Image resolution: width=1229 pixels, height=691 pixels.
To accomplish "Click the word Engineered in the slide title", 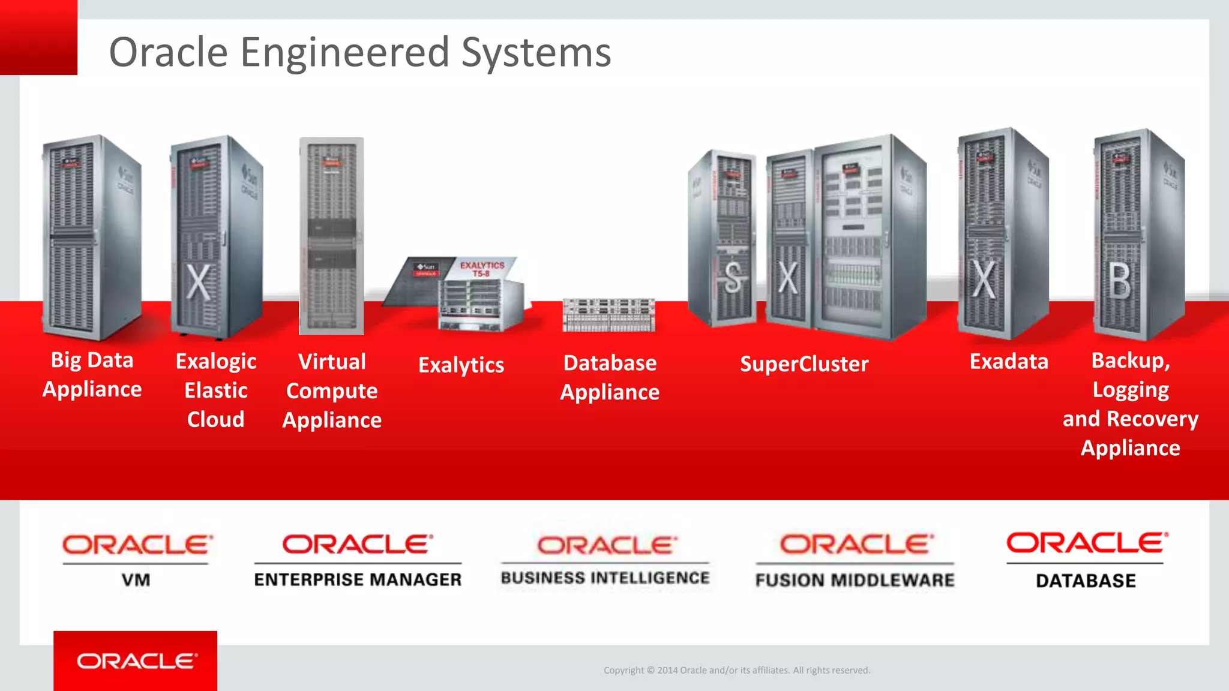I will coord(344,52).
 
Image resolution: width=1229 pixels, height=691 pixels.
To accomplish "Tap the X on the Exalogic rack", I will coord(198,282).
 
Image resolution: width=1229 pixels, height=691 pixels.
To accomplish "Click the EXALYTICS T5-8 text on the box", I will coord(482,269).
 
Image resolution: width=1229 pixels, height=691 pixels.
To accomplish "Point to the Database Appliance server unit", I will coord(608,315).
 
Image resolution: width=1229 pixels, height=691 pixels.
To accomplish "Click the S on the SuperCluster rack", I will coord(733,278).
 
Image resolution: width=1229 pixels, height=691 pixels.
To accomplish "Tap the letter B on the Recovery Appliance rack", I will coord(1119,281).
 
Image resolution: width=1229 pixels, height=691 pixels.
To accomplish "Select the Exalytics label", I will coord(461,365).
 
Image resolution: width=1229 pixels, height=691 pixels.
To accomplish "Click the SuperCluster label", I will coord(804,364).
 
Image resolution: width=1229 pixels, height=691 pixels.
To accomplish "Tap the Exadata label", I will coord(1009,362).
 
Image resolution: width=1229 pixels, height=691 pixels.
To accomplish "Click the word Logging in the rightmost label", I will coord(1131,390).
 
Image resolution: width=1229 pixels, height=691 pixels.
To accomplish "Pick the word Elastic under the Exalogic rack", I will coord(215,390).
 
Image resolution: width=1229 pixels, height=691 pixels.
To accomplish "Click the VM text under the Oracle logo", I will coord(136,580).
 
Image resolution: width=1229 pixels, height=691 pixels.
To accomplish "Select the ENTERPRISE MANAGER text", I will coord(358,579).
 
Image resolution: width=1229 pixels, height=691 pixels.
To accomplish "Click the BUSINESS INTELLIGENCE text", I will coord(605,578).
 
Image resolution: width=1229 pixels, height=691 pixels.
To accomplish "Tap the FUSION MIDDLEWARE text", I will coord(855,580).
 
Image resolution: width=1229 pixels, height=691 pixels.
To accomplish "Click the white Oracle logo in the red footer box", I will coord(136,661).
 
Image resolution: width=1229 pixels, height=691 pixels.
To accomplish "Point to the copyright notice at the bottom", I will coord(736,670).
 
